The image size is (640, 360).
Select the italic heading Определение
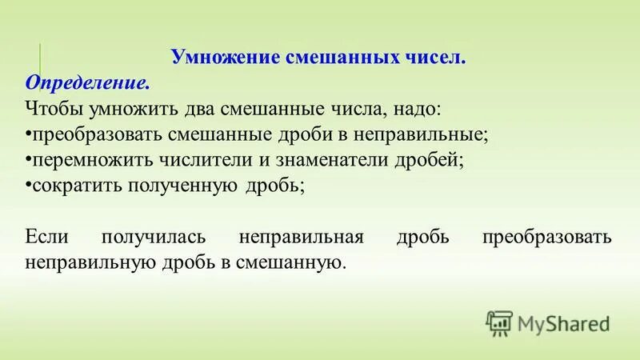(87, 83)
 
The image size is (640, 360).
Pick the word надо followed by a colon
(413, 108)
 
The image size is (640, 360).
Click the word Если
(48, 237)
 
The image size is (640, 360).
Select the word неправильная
(302, 237)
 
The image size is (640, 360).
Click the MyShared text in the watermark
(563, 323)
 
